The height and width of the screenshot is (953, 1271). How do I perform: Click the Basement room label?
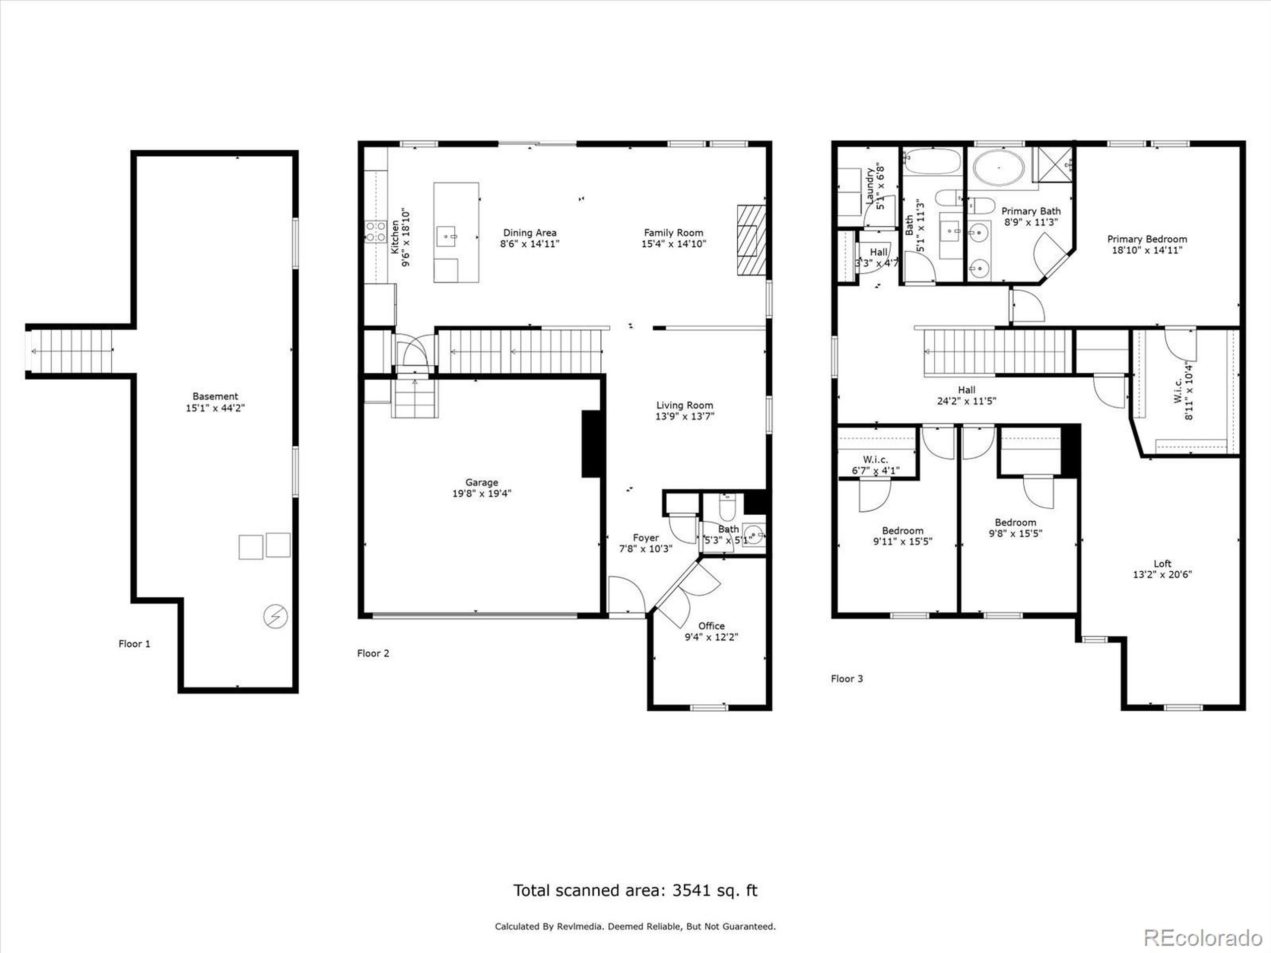click(215, 397)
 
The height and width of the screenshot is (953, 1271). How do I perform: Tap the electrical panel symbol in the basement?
click(275, 616)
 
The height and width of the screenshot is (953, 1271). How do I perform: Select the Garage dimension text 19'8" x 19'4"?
click(482, 493)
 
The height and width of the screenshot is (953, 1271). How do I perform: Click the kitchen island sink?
click(446, 236)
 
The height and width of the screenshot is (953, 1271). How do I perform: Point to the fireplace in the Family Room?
click(752, 241)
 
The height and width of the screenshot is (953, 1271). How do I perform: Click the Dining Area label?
click(530, 233)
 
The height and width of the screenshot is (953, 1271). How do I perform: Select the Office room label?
click(711, 626)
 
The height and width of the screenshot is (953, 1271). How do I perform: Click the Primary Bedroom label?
click(1147, 239)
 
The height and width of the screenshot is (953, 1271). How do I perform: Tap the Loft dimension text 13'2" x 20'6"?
click(1162, 574)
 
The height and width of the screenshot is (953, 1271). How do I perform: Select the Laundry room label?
click(870, 185)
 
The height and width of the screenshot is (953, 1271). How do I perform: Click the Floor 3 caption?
click(847, 679)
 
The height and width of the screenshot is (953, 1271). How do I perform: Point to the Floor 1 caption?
click(134, 644)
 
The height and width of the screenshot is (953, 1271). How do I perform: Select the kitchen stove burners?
click(376, 231)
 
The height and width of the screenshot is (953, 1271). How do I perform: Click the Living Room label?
click(684, 406)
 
